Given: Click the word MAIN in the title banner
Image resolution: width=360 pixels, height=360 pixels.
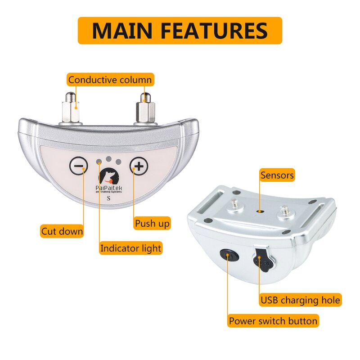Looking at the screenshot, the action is tap(122, 31).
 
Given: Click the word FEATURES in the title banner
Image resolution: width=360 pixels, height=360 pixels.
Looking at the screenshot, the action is tap(214, 31).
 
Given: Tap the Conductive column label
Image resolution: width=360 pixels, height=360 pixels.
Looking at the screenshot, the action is tap(110, 80).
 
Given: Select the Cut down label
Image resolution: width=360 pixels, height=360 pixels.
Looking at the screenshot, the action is tap(62, 231).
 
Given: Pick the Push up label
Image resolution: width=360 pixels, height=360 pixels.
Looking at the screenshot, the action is tap(152, 223).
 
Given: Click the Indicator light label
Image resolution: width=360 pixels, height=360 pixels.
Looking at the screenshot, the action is tap(130, 248).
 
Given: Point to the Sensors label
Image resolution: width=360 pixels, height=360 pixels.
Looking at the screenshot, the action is tap(277, 175).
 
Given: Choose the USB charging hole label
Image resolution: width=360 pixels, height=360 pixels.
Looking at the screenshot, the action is tap(300, 300).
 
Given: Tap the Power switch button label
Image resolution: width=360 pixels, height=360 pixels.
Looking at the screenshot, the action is tap(273, 320).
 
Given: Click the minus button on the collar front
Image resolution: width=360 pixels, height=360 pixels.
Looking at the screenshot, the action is tap(78, 166).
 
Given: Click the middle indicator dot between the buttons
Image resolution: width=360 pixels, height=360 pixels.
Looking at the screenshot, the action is tap(109, 159).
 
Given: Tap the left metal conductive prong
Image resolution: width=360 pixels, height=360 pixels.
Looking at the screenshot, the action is tap(71, 108).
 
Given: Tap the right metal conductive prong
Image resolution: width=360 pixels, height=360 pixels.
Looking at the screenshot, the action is tap(145, 108).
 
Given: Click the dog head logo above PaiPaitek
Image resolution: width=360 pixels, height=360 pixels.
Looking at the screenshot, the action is tap(109, 176).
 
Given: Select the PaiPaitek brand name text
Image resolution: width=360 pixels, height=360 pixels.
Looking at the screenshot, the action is tap(109, 188).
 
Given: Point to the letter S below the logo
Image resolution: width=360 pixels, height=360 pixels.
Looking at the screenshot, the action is tap(109, 198).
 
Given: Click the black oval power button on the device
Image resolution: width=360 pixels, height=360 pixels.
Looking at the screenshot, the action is tap(229, 256).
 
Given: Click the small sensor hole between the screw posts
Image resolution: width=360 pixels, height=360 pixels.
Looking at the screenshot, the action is tap(260, 211).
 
